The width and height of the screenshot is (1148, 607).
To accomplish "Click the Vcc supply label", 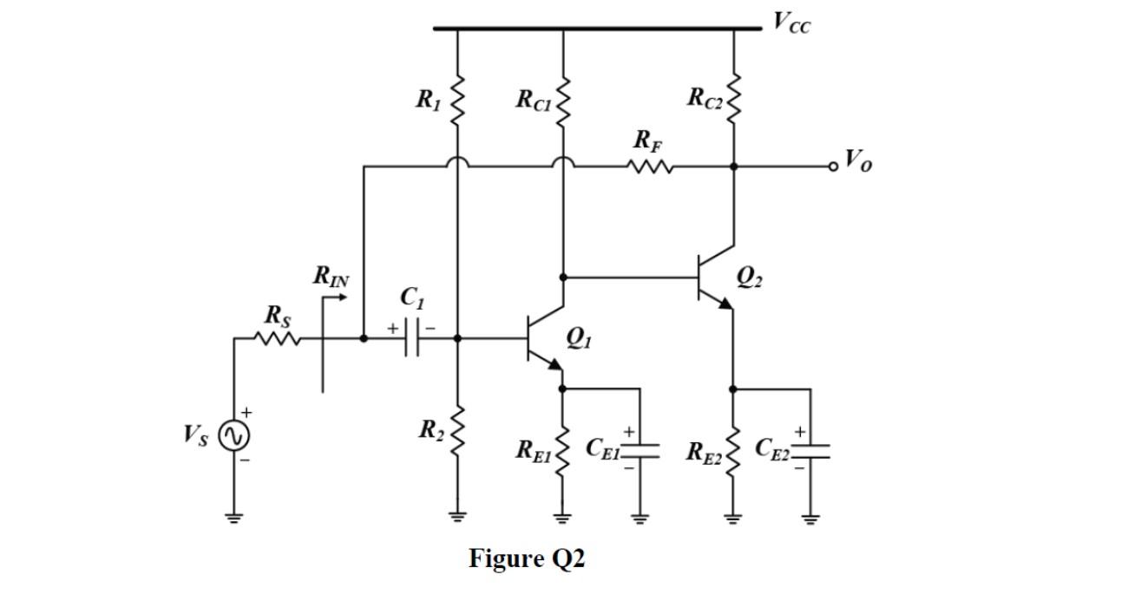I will point(790,23).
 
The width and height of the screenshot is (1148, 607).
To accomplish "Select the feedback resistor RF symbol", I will point(650,165).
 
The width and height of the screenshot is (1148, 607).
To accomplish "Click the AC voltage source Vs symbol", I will point(233,436).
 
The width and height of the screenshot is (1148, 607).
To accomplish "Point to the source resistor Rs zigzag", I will point(277,339).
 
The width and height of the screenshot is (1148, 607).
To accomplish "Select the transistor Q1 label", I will point(578,336).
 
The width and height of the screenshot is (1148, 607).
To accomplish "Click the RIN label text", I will point(331,277).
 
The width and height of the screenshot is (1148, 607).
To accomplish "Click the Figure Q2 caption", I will point(527,558).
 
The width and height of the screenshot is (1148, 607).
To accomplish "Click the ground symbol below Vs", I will point(233,518).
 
